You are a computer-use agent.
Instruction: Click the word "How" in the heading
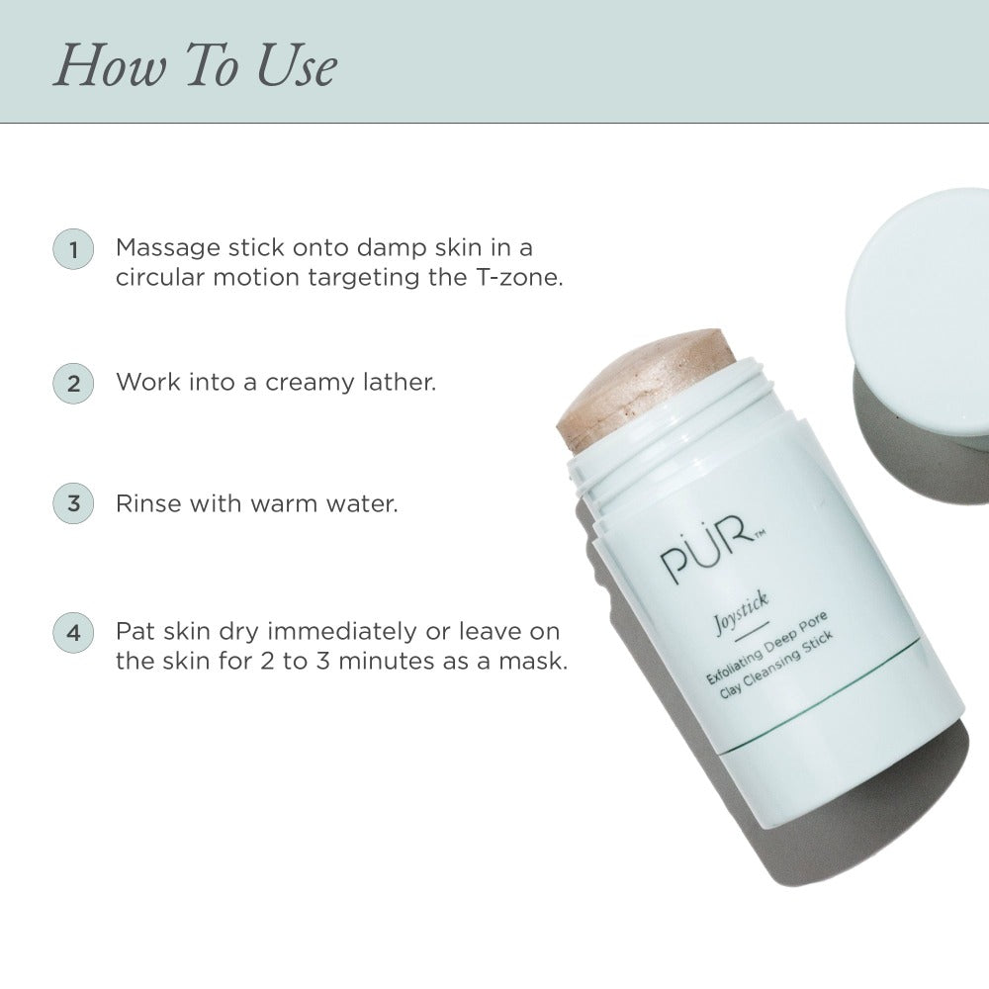111,65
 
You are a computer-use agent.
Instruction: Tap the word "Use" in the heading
297,65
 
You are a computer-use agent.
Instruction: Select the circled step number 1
73,249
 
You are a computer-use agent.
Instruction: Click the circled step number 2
73,384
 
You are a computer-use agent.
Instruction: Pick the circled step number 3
73,503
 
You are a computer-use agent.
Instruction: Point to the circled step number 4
73,632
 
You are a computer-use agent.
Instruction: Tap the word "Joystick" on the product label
741,612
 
